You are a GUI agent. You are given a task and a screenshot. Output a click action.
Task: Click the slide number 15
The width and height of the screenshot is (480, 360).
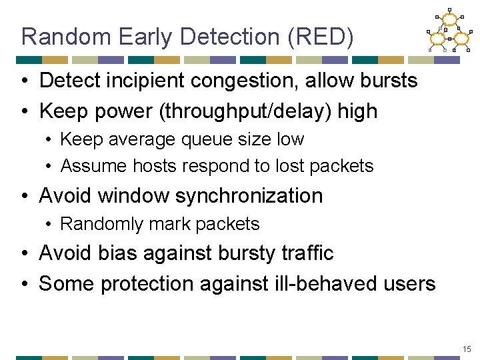pos(466,349)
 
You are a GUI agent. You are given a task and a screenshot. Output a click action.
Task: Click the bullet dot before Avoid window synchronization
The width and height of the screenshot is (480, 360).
pos(24,196)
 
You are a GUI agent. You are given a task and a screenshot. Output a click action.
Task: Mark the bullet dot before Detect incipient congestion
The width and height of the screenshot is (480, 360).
pos(24,81)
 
